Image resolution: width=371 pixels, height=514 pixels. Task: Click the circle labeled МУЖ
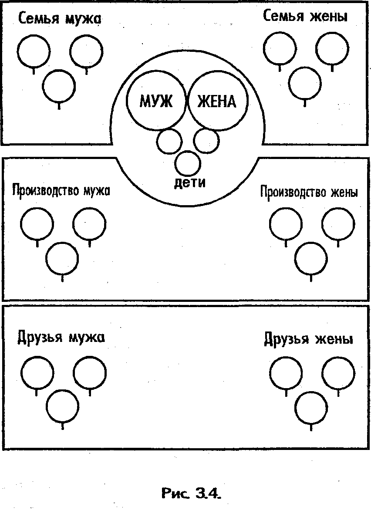tap(156, 101)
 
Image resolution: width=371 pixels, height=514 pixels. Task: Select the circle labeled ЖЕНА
tap(217, 101)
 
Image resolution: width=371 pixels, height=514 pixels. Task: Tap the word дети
tap(189, 182)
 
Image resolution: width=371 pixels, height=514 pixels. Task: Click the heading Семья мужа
tap(60, 19)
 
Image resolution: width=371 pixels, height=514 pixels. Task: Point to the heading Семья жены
tap(305, 17)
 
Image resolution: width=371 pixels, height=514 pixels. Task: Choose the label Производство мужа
tap(61, 191)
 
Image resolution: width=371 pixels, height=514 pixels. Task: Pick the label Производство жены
tap(309, 192)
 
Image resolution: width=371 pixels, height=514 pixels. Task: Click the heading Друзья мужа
tap(61, 337)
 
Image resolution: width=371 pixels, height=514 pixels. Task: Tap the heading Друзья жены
tap(308, 339)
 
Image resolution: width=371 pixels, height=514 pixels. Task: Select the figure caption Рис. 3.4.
tap(191, 494)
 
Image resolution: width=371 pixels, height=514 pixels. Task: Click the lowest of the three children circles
tap(188, 162)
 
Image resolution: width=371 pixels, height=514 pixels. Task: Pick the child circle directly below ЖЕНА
tap(206, 140)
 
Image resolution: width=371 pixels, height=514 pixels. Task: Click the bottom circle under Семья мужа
tap(59, 85)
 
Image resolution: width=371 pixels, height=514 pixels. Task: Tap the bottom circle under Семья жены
tap(305, 84)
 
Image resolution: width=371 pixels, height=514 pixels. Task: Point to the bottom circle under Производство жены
tap(310, 258)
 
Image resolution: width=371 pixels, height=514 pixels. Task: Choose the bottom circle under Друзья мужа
tap(63, 407)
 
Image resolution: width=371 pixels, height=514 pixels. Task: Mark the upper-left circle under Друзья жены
tap(286, 374)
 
